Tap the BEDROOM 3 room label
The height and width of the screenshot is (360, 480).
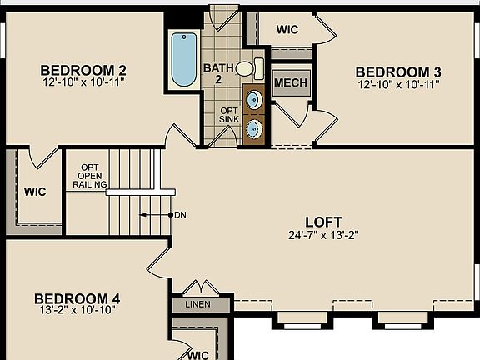click(397, 72)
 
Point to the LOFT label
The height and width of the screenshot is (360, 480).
click(323, 222)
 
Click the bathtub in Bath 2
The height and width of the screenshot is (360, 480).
click(182, 59)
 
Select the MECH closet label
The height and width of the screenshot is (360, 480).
click(290, 83)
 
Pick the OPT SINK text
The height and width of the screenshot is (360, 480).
click(229, 115)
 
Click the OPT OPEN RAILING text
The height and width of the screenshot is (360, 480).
click(90, 175)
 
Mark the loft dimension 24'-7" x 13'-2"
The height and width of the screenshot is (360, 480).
click(323, 234)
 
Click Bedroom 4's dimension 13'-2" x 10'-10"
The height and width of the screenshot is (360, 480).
click(76, 310)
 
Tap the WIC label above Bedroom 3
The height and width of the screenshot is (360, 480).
click(287, 30)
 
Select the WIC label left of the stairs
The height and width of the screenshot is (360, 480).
click(34, 192)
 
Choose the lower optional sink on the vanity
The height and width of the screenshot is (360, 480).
click(254, 128)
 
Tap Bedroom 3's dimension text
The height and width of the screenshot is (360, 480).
click(397, 84)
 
